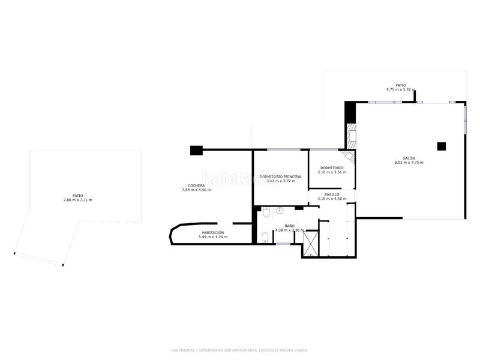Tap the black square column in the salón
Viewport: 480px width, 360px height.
(x=442, y=146)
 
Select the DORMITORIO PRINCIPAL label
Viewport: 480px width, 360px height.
(x=281, y=176)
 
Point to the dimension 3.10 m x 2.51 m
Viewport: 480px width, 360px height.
(x=332, y=172)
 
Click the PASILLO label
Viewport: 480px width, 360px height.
(x=332, y=194)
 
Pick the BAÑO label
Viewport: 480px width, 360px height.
(x=289, y=226)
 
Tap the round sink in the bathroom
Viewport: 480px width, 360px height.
(x=280, y=211)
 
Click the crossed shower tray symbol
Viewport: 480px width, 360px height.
(x=311, y=244)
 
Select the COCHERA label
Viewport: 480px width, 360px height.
(x=196, y=185)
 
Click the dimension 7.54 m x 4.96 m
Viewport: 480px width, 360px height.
(x=196, y=190)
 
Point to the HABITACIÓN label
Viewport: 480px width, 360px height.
(x=213, y=232)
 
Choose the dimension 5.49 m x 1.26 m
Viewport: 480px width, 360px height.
(x=213, y=237)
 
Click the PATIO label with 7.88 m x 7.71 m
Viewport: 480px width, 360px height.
(x=77, y=195)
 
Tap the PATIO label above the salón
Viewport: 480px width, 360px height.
(x=400, y=85)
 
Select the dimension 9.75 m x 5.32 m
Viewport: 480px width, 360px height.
(x=400, y=90)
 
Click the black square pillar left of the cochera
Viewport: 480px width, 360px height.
(x=196, y=150)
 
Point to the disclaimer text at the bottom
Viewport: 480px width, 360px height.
(x=240, y=350)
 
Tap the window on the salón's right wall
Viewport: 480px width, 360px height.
(x=464, y=119)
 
